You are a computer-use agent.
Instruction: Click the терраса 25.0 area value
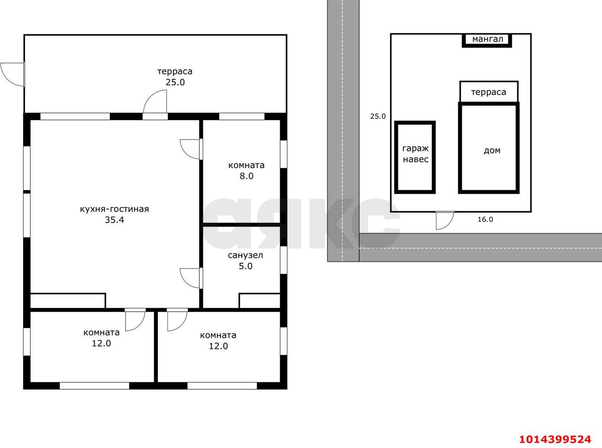(x=175, y=82)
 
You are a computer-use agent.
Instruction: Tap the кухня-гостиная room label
(x=114, y=209)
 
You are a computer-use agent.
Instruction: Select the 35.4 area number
(x=114, y=220)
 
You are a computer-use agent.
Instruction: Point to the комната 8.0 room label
(x=246, y=165)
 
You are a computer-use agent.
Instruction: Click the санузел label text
(x=246, y=255)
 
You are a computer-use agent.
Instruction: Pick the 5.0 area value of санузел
(x=246, y=266)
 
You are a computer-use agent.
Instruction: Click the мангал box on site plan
(x=487, y=40)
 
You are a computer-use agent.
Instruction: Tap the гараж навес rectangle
(x=415, y=157)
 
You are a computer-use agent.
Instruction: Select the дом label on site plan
(x=492, y=150)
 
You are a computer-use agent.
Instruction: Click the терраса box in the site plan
(x=489, y=92)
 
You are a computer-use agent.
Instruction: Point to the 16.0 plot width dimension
(x=485, y=220)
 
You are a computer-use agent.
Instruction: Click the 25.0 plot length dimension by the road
(x=378, y=117)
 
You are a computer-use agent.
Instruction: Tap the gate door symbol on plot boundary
(x=444, y=220)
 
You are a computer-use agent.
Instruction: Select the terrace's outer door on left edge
(x=13, y=74)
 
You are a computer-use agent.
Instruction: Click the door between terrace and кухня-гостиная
(x=155, y=104)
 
